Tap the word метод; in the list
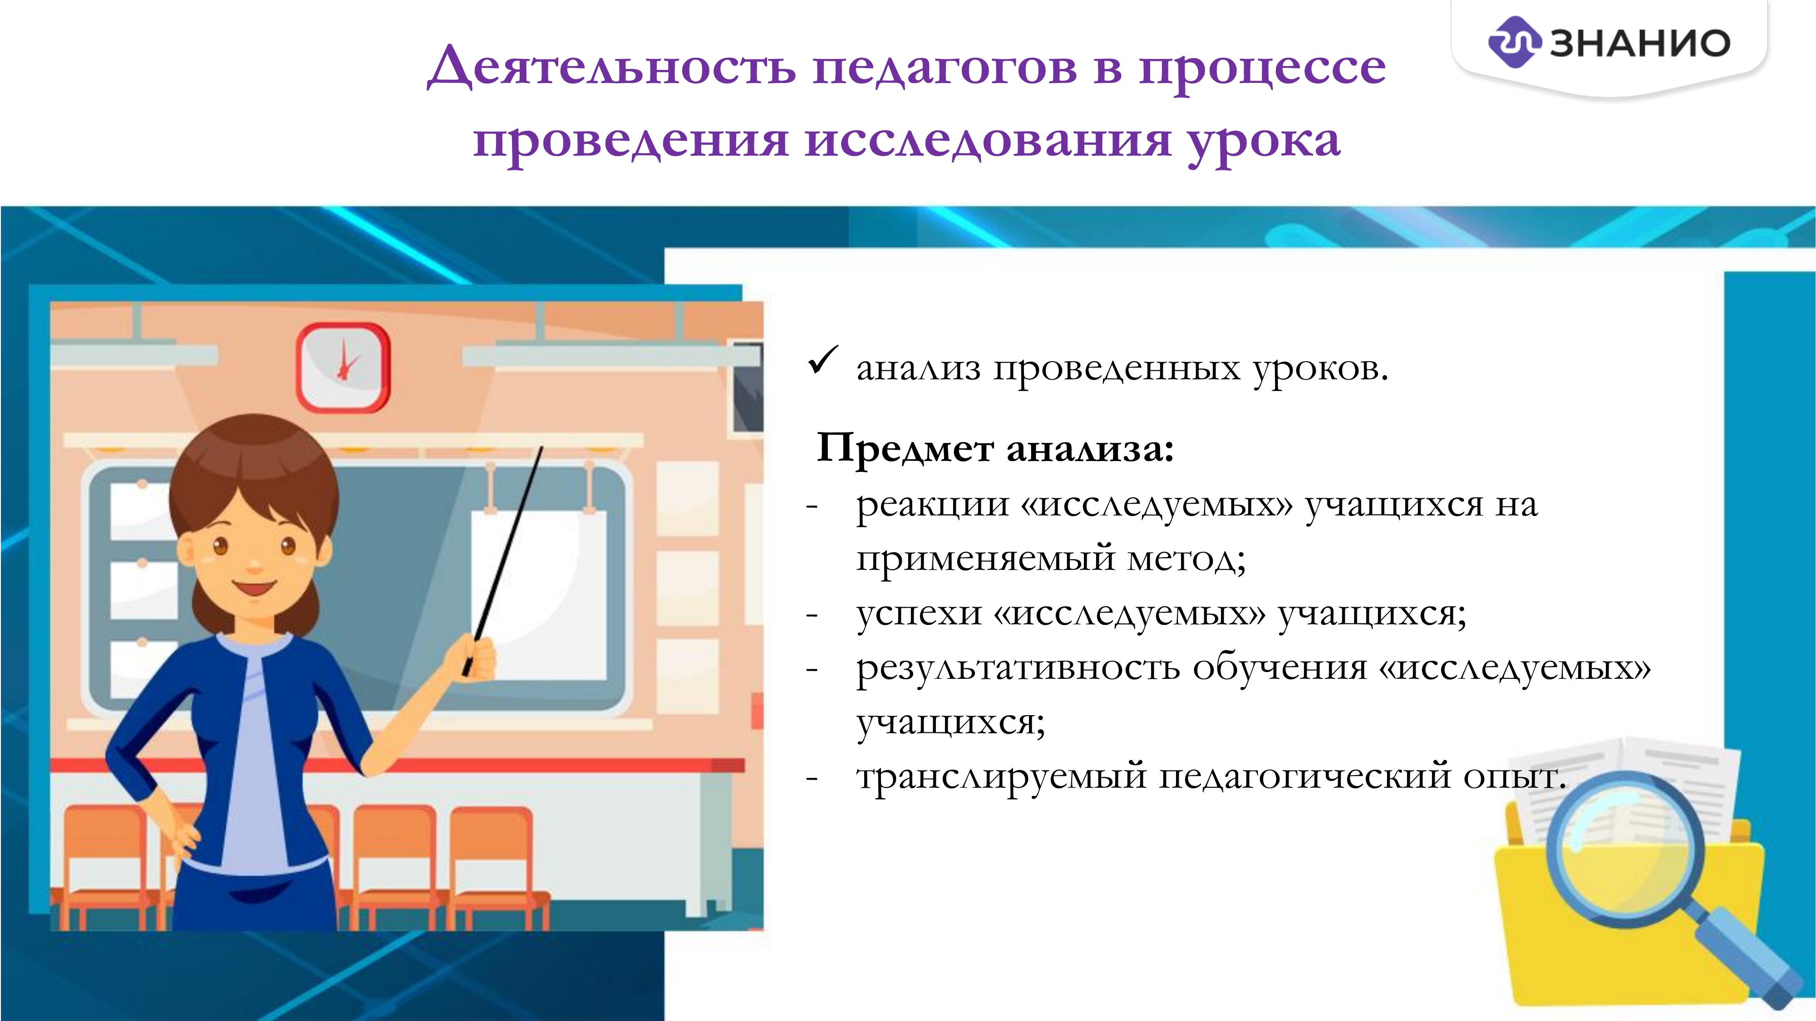coord(1186,560)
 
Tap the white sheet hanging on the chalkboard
coord(539,596)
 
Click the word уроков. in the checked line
coord(1320,368)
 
